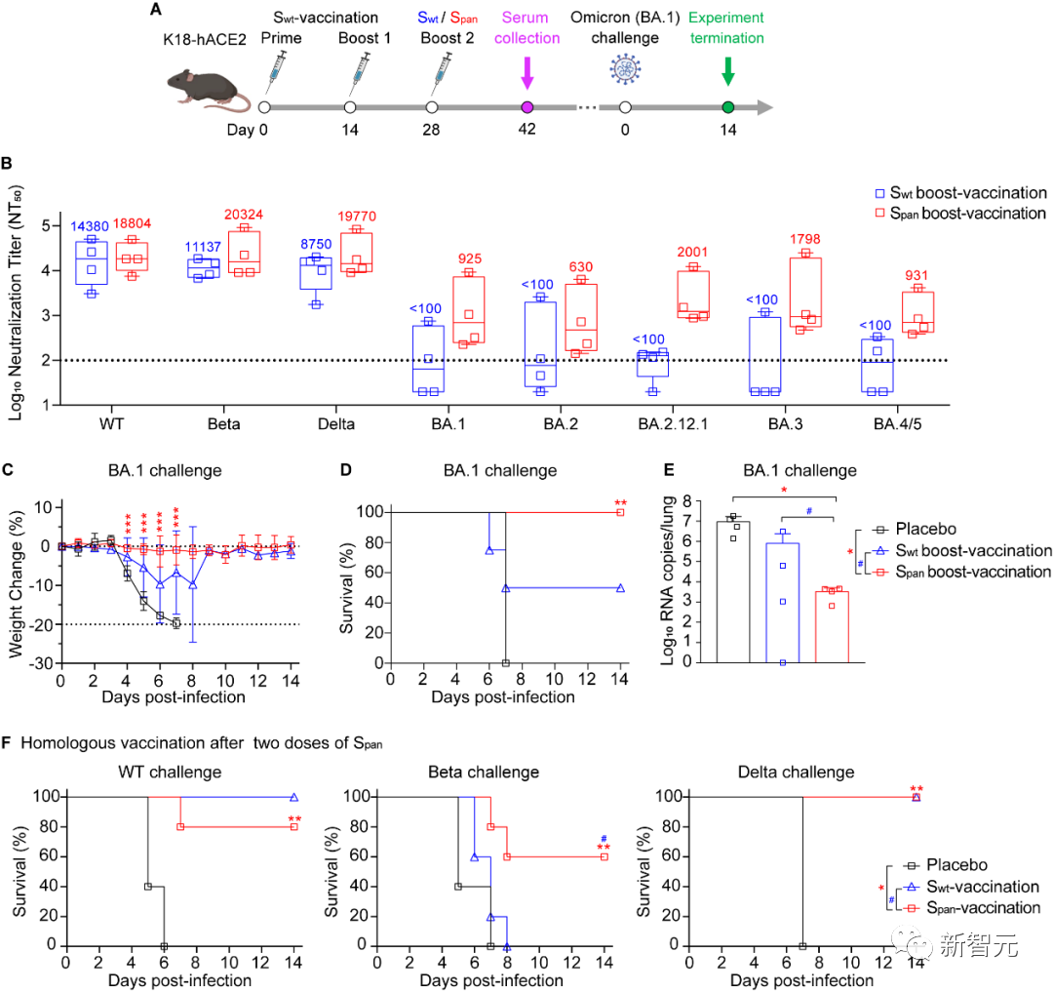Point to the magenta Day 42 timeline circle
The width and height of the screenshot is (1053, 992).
(527, 107)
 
